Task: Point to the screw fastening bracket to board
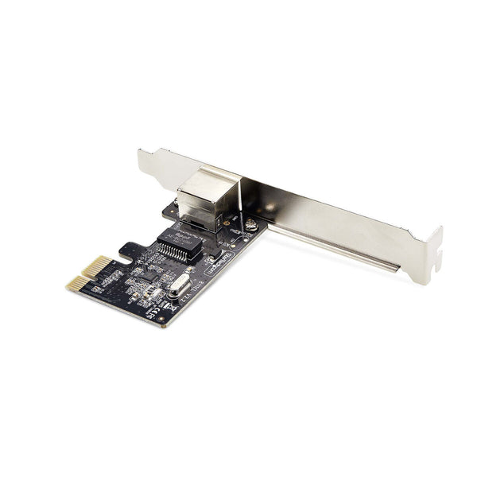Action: coord(251,224)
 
